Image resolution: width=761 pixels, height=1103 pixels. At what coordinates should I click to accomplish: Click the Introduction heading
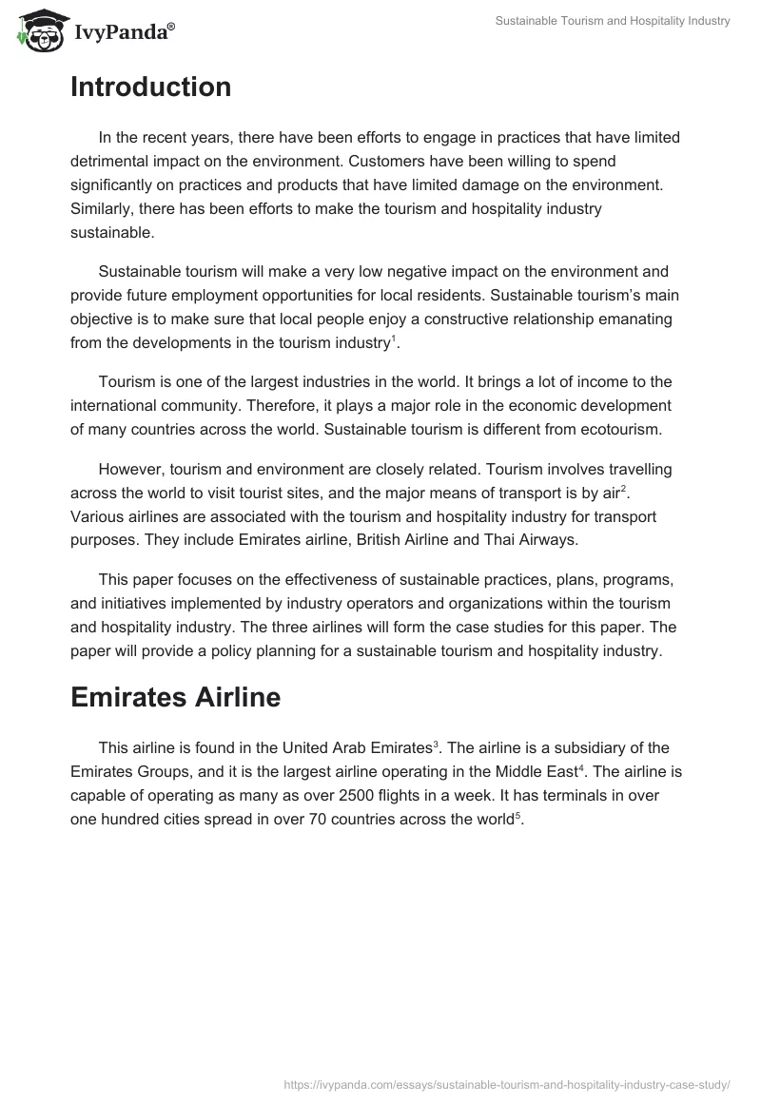pos(150,87)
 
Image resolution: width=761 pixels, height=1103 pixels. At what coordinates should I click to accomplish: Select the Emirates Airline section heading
pos(175,697)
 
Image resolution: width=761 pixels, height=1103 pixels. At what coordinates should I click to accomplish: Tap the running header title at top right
pos(613,21)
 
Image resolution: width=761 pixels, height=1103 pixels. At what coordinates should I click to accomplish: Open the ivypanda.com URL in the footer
pos(507,1082)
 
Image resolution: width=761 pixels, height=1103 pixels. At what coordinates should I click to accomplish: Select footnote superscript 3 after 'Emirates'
pos(436,743)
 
